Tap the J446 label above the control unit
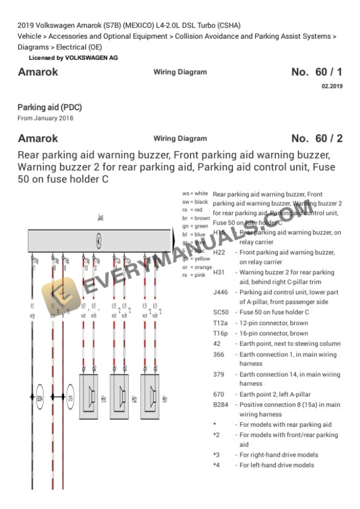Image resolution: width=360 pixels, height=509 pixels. tap(101, 217)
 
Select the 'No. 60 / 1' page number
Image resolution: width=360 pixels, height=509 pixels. tap(316, 72)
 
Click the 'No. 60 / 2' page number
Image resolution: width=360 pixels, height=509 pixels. tap(316, 139)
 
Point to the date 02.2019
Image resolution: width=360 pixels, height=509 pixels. tap(331, 86)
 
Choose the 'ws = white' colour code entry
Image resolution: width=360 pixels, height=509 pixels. tap(195, 193)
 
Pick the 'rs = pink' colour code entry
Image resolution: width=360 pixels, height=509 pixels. tap(194, 275)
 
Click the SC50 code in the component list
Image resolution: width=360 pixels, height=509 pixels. tap(220, 312)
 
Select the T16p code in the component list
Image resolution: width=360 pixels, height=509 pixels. tap(220, 333)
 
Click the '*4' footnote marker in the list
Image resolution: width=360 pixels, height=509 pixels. tap(216, 465)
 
